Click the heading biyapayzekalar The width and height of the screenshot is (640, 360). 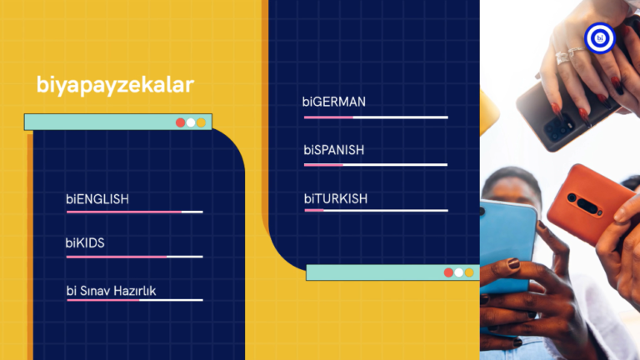point(115,85)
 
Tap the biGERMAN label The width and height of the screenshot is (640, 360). point(334,102)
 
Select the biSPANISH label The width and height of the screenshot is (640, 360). point(334,150)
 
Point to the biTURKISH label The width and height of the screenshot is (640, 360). point(336,199)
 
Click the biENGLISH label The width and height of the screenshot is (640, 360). point(97,199)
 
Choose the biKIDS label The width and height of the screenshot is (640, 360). point(85,242)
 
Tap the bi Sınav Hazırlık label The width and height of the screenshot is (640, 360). point(111,291)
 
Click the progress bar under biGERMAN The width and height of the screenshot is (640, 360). point(376,117)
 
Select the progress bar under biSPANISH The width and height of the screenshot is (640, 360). point(376,165)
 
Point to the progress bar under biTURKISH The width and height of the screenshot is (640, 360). point(377,211)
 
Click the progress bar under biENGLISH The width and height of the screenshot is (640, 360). point(135,212)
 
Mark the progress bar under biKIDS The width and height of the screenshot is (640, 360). point(135,257)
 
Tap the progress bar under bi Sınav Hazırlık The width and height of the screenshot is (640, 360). point(135,300)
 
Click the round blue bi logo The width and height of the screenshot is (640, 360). point(600,38)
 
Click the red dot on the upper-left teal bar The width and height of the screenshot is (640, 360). point(180,122)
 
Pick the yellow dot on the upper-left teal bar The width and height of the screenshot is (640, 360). point(201,122)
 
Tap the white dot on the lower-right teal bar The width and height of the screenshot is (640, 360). point(459,272)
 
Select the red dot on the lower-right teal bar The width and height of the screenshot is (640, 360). point(448,272)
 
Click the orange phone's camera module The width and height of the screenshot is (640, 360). point(583,203)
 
